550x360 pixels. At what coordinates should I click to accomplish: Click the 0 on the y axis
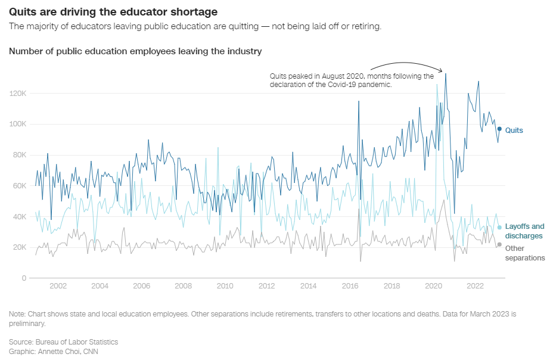coord(24,278)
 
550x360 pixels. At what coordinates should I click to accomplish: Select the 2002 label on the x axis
coord(58,286)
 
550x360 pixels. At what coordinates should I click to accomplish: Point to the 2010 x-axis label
coord(225,286)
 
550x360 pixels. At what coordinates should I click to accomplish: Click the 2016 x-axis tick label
coord(350,286)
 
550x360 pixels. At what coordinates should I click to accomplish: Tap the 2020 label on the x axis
coord(433,286)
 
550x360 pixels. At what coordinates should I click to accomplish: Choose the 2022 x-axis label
coord(475,286)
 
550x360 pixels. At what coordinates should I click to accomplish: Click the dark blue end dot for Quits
coord(499,129)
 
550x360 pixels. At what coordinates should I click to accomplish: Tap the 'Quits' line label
coord(514,130)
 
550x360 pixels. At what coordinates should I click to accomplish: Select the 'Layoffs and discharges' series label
coord(524,231)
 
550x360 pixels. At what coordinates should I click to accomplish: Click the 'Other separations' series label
coord(524,253)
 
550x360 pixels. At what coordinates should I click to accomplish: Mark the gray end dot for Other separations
coord(499,244)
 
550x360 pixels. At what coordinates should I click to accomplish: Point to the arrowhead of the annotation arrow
coord(442,72)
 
